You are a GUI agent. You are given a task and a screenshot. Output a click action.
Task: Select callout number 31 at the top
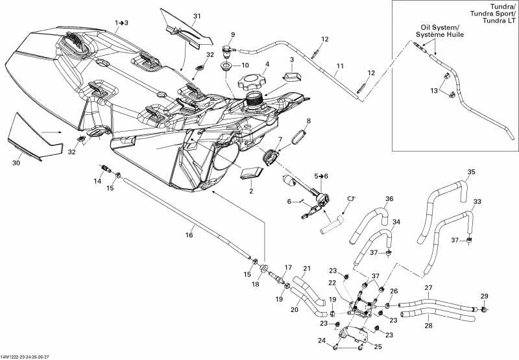[197, 16]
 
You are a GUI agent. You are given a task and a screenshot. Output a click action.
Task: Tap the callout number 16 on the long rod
[190, 235]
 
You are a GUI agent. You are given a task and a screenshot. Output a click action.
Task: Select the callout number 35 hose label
[472, 172]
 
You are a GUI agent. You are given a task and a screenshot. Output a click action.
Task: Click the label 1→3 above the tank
[121, 22]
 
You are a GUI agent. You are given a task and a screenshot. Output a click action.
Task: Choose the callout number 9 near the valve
[233, 34]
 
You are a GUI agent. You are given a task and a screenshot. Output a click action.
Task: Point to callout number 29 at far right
[483, 296]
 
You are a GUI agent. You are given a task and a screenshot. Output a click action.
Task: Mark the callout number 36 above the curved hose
[389, 198]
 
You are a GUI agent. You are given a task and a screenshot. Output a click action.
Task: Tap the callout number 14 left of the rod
[98, 182]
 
